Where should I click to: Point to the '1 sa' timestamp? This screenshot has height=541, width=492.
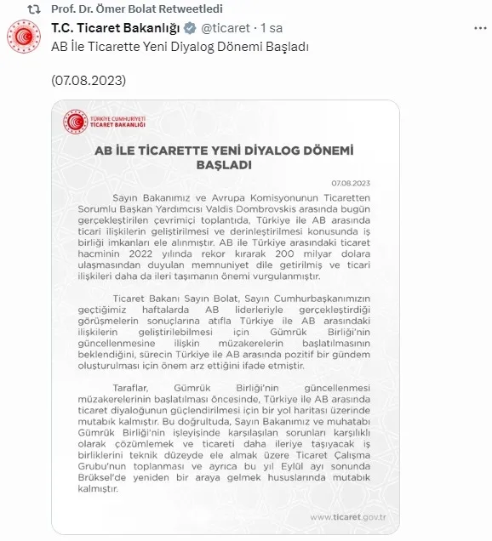tap(272, 28)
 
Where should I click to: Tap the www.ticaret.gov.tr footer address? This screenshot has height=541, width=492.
tap(348, 516)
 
